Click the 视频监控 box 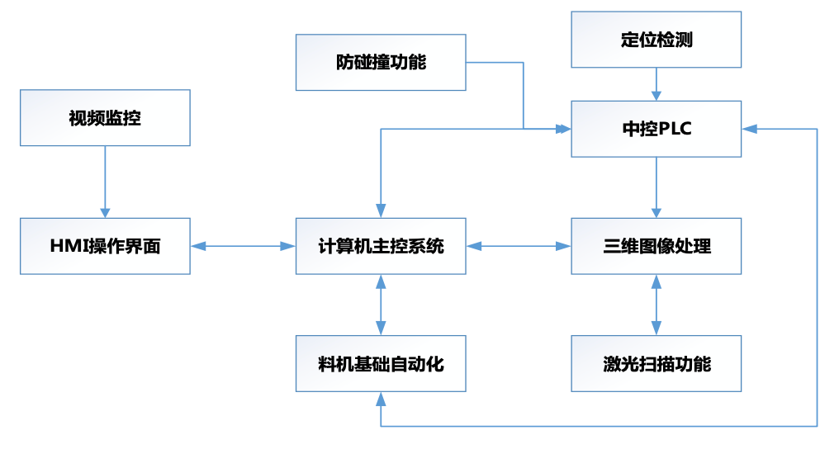tap(105, 118)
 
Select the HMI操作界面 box tap(105, 246)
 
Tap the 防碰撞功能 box tap(381, 62)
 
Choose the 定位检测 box tap(657, 40)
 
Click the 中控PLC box tap(657, 129)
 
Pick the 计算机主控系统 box tap(381, 246)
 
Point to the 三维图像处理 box tap(657, 246)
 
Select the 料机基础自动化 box tap(381, 363)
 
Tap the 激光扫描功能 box tap(657, 363)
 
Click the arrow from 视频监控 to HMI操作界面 tap(105, 182)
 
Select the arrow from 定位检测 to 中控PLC tap(657, 83)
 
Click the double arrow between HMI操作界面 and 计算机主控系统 tap(244, 246)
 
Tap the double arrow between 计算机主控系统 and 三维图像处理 tap(519, 246)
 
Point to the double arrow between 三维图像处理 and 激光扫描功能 tap(657, 305)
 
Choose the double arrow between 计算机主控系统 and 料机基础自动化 tap(381, 305)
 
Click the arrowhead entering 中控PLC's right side tap(748, 129)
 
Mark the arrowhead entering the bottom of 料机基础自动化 tap(381, 398)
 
